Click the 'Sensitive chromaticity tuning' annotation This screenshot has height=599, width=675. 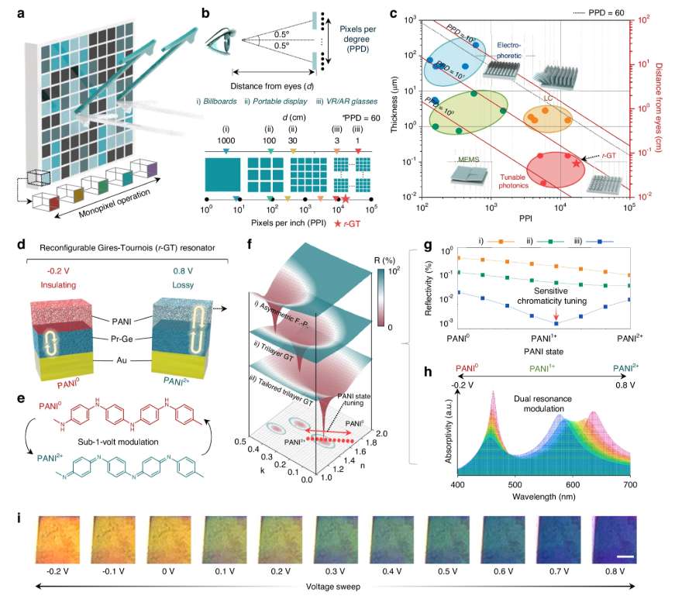click(x=556, y=298)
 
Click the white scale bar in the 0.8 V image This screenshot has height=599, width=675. click(x=627, y=555)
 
